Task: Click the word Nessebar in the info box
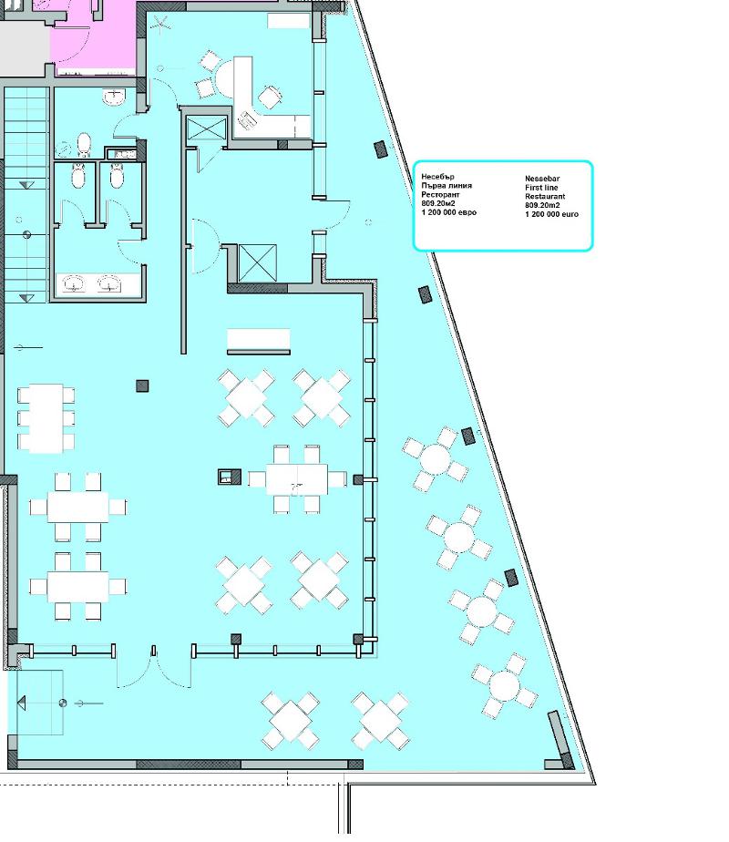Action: point(542,179)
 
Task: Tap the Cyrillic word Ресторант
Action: point(440,194)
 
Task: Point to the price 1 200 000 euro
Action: point(552,214)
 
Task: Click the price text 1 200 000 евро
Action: point(448,212)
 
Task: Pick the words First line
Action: point(541,188)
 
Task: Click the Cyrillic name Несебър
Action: point(437,177)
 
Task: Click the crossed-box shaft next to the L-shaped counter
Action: point(207,128)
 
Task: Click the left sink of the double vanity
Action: point(74,283)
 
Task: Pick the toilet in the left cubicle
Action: point(78,176)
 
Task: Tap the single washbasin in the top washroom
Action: point(114,98)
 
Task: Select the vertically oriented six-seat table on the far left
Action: point(46,418)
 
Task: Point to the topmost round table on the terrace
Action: point(436,459)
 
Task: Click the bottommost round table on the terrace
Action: point(505,686)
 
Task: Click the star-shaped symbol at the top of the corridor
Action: point(160,24)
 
